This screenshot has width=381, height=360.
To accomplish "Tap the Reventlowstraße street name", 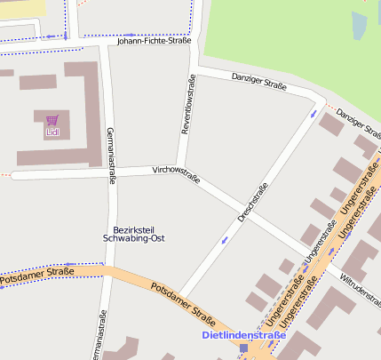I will (187, 106).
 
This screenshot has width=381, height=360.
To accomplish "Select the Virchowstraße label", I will (176, 173).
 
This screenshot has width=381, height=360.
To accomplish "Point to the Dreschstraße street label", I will (252, 203).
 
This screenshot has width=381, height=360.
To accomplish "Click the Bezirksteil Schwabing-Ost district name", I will (133, 234).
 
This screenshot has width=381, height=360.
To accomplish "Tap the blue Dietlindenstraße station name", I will (244, 335).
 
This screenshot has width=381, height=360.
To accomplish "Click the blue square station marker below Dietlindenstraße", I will (243, 348).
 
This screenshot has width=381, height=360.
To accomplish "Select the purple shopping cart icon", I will (52, 120).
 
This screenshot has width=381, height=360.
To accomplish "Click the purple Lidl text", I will (52, 132).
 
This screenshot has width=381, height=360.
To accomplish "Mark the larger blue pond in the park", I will (359, 26).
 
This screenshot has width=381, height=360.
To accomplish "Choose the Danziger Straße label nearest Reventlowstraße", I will (258, 83).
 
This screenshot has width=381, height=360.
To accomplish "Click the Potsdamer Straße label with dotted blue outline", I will (36, 275).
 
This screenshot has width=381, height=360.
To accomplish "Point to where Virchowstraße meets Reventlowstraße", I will (181, 169).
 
